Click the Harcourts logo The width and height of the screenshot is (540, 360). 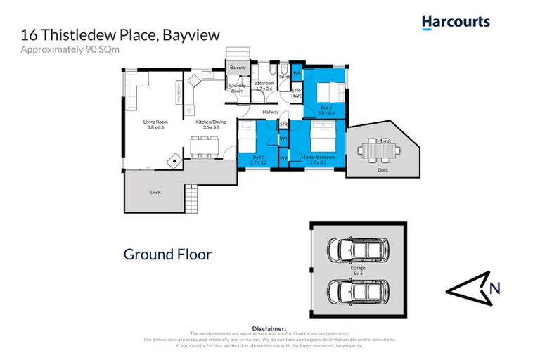(455, 22)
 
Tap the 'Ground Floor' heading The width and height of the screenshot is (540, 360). (167, 255)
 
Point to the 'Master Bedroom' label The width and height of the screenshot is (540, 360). (318, 160)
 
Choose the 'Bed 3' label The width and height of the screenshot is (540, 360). (259, 160)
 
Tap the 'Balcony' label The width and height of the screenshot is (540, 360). (237, 68)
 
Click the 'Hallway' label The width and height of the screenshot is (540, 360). (271, 112)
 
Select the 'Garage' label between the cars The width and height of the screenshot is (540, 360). (359, 268)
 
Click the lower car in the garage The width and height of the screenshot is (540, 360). (359, 290)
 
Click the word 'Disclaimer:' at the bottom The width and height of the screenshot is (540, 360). (269, 328)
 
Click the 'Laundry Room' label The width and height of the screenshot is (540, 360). (237, 88)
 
